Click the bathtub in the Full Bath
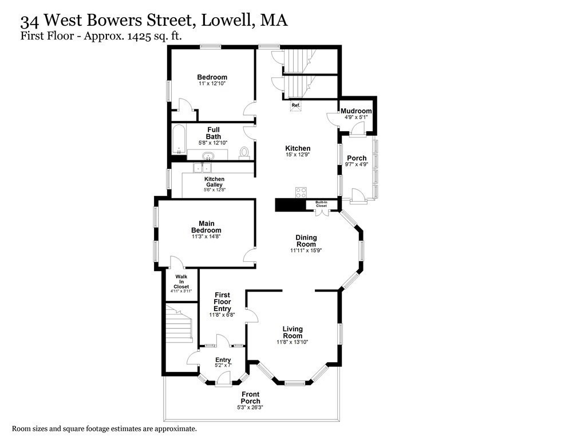(177, 140)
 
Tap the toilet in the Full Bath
(244, 152)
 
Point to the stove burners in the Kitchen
(301, 193)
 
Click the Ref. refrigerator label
(296, 105)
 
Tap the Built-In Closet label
(321, 204)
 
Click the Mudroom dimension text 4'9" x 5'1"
(356, 117)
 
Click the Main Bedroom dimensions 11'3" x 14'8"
(206, 236)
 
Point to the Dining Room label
(306, 241)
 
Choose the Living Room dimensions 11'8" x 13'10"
(292, 342)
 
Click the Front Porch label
(251, 398)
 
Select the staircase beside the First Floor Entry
(179, 324)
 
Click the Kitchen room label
(298, 148)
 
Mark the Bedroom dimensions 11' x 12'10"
(212, 84)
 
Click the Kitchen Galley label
(214, 182)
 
